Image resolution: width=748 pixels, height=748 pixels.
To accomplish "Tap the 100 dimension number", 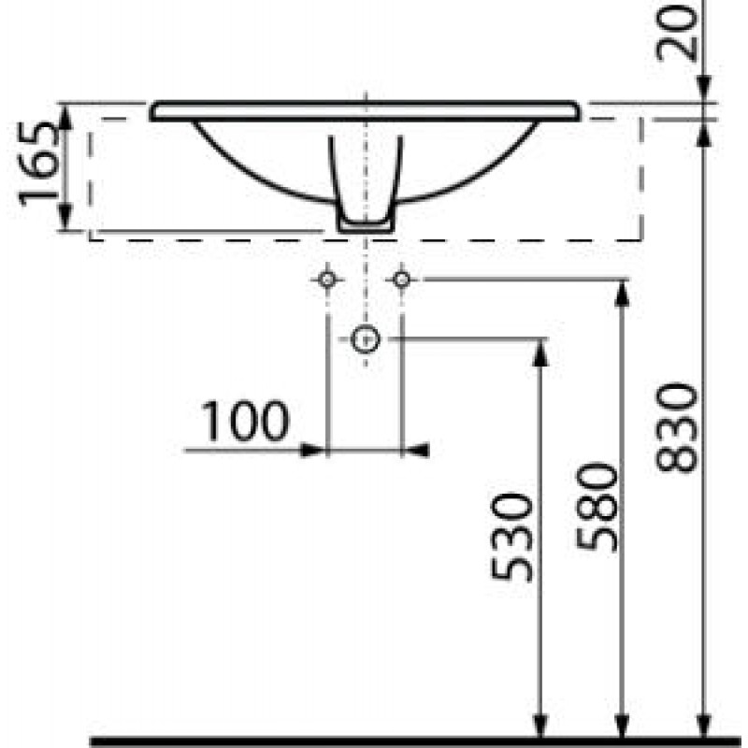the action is [245, 422].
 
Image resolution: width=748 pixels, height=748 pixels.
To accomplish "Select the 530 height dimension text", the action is [511, 538].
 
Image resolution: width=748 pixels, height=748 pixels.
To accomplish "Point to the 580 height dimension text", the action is [597, 507].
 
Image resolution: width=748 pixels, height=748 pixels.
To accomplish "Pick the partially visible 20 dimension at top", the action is [676, 31].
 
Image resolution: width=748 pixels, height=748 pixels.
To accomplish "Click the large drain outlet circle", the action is [366, 339].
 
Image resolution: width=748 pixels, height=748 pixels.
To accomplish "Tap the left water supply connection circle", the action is [326, 280].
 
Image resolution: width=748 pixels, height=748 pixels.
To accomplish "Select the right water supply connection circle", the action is [402, 280].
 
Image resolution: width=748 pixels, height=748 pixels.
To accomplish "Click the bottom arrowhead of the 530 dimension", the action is [540, 726].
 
